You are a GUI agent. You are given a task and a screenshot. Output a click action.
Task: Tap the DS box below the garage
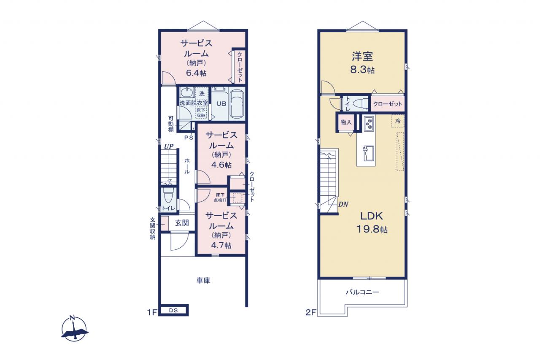(x=173, y=310)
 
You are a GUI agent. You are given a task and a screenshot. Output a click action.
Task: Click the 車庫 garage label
(x=203, y=280)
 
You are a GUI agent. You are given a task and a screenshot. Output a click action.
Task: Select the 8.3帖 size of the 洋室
(x=362, y=70)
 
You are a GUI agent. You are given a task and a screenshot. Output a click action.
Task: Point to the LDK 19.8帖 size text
(x=372, y=229)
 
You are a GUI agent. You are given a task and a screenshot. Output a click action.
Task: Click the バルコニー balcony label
(x=362, y=292)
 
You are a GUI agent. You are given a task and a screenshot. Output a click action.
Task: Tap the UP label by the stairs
(x=169, y=146)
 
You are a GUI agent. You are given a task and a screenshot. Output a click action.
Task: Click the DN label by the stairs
(x=343, y=204)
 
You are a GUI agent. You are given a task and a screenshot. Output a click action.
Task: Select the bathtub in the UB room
(x=237, y=104)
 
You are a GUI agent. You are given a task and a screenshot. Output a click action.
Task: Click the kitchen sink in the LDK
(x=368, y=153)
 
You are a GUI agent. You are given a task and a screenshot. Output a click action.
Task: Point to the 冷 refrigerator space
(x=398, y=121)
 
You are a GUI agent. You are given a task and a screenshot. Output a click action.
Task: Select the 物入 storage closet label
(x=346, y=122)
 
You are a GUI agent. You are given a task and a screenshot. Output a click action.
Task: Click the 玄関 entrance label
(x=182, y=223)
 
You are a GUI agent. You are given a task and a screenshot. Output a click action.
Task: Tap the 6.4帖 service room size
(x=196, y=73)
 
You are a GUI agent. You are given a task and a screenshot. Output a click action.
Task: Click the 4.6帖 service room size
(x=221, y=165)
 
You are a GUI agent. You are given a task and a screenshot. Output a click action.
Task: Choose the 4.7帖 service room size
(x=221, y=245)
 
